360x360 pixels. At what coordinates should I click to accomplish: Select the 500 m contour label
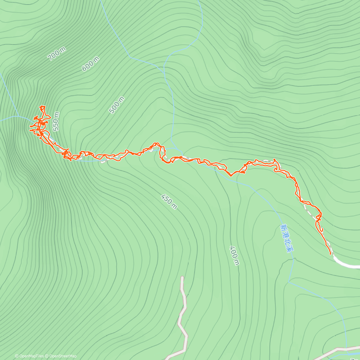[x=116, y=105]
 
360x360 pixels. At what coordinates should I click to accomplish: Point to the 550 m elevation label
[x=56, y=121]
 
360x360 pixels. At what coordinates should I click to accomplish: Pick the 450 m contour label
[x=169, y=201]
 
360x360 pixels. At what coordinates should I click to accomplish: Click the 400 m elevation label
[x=235, y=256]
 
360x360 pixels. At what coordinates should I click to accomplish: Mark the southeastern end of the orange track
[x=330, y=254]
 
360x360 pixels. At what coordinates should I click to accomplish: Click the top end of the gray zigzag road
[x=182, y=277]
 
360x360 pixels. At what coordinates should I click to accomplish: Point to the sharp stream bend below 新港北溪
[x=289, y=282]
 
